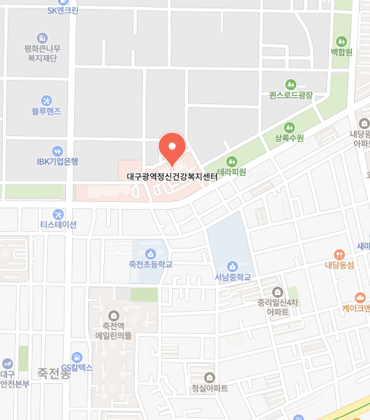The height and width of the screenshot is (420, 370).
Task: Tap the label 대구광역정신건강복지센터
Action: pyautogui.click(x=172, y=176)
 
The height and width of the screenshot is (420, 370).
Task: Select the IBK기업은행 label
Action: pyautogui.click(x=58, y=162)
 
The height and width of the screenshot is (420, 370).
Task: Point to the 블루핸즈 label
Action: pyautogui.click(x=47, y=110)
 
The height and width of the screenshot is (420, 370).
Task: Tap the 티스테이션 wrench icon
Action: pyautogui.click(x=58, y=214)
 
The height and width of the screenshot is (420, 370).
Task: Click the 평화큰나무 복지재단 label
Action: pyautogui.click(x=42, y=53)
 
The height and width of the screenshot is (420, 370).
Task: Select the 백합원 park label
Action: pyautogui.click(x=342, y=51)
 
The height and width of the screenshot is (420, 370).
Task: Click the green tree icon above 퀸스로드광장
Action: pyautogui.click(x=292, y=82)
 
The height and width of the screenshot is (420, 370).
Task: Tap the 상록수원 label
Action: pyautogui.click(x=289, y=137)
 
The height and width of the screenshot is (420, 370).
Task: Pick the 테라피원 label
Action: pyautogui.click(x=232, y=171)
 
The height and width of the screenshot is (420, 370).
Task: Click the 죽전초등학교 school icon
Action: pyautogui.click(x=150, y=251)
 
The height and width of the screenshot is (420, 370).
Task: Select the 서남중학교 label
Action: pyautogui.click(x=231, y=278)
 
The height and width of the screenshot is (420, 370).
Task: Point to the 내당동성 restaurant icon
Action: pyautogui.click(x=339, y=254)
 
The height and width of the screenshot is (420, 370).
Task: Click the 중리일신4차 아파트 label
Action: pyautogui.click(x=278, y=307)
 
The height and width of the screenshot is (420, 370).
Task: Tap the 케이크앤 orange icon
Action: pyautogui.click(x=360, y=297)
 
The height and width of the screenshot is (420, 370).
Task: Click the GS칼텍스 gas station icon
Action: pyautogui.click(x=77, y=357)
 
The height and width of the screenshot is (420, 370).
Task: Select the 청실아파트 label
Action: pyautogui.click(x=210, y=388)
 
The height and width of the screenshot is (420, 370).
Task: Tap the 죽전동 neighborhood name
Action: pyautogui.click(x=54, y=372)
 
